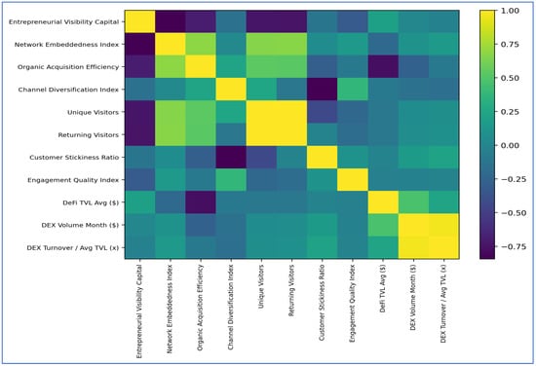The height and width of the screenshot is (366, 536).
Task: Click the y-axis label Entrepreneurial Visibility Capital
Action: click(x=64, y=21)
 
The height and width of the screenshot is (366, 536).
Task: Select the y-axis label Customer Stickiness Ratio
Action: click(x=74, y=158)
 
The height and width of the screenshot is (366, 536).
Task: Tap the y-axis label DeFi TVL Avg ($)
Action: click(x=91, y=202)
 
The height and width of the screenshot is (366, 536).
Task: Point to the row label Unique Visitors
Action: click(x=93, y=112)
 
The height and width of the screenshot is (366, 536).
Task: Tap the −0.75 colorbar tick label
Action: click(x=514, y=246)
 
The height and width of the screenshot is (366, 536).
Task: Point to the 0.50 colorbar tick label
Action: click(x=510, y=78)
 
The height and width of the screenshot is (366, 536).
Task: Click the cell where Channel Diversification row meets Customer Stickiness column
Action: click(x=322, y=90)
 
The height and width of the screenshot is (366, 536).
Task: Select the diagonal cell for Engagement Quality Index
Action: click(x=353, y=180)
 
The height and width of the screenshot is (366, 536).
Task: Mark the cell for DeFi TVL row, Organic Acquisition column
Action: click(x=201, y=202)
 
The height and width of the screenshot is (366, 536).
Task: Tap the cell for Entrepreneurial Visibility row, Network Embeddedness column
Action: click(x=171, y=21)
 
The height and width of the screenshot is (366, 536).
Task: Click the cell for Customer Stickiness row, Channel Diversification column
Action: click(x=231, y=158)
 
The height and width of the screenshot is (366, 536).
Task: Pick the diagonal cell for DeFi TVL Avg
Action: click(x=383, y=202)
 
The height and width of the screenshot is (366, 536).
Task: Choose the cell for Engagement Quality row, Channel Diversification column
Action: click(x=231, y=180)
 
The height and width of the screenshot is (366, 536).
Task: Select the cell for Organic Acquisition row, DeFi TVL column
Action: click(x=383, y=67)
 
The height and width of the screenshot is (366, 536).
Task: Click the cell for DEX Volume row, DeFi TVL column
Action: click(x=383, y=225)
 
